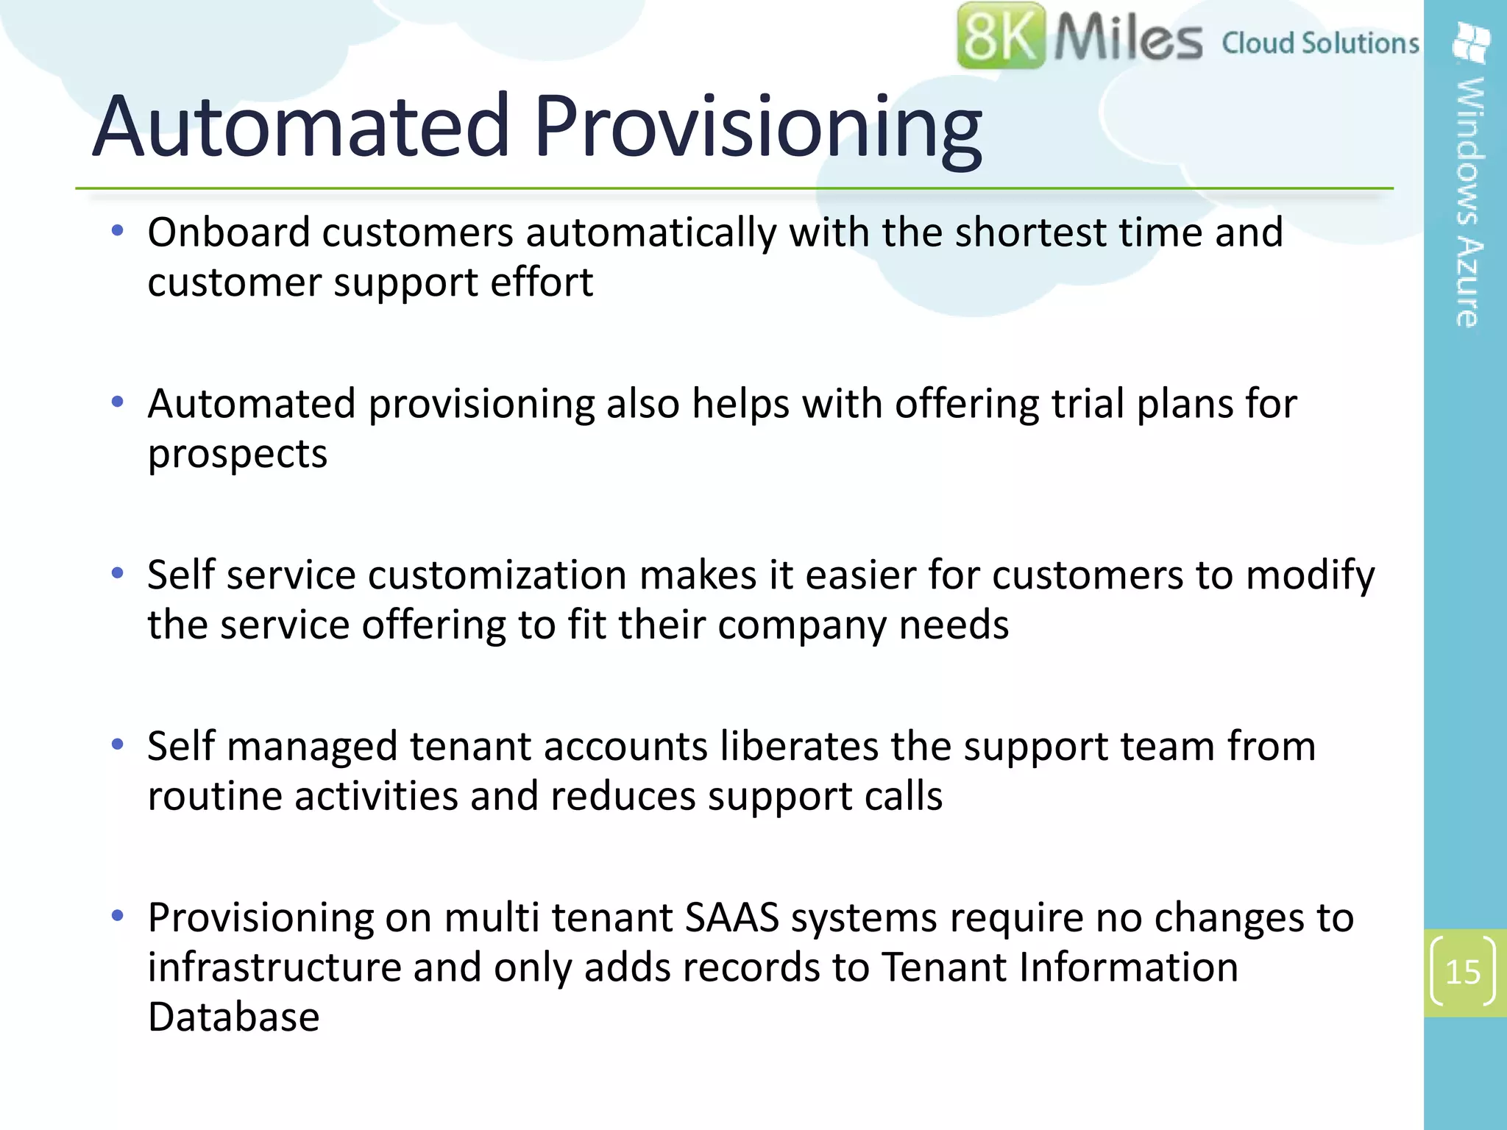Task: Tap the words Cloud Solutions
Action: [1320, 43]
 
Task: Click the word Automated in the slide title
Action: [301, 126]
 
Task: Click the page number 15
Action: [1462, 973]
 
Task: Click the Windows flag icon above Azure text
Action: [1471, 43]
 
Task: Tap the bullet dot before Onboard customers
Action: [117, 231]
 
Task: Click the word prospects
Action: [237, 455]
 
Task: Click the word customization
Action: [497, 575]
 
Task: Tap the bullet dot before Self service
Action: [117, 573]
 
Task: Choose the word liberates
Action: [799, 747]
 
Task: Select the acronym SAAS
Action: [731, 918]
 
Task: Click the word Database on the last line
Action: [233, 1017]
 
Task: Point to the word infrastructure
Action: [274, 967]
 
